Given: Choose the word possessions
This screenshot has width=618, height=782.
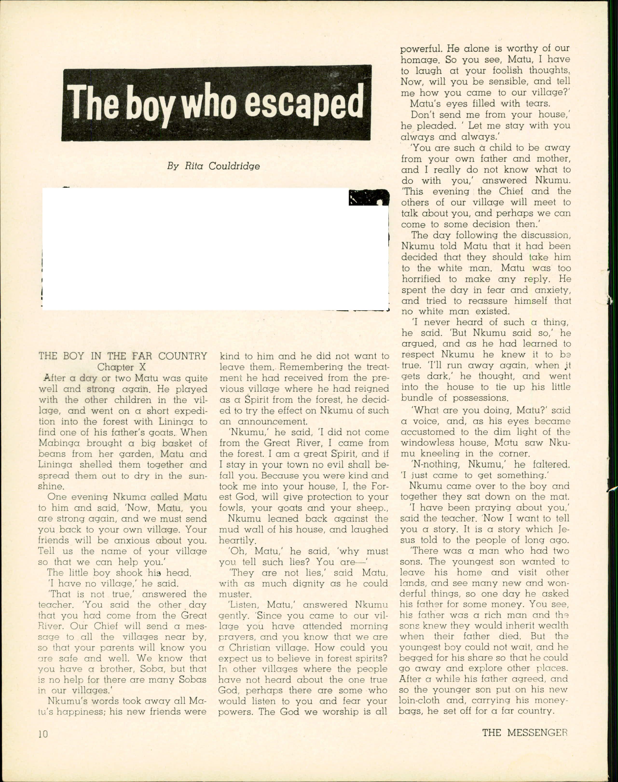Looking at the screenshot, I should click(x=473, y=398).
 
